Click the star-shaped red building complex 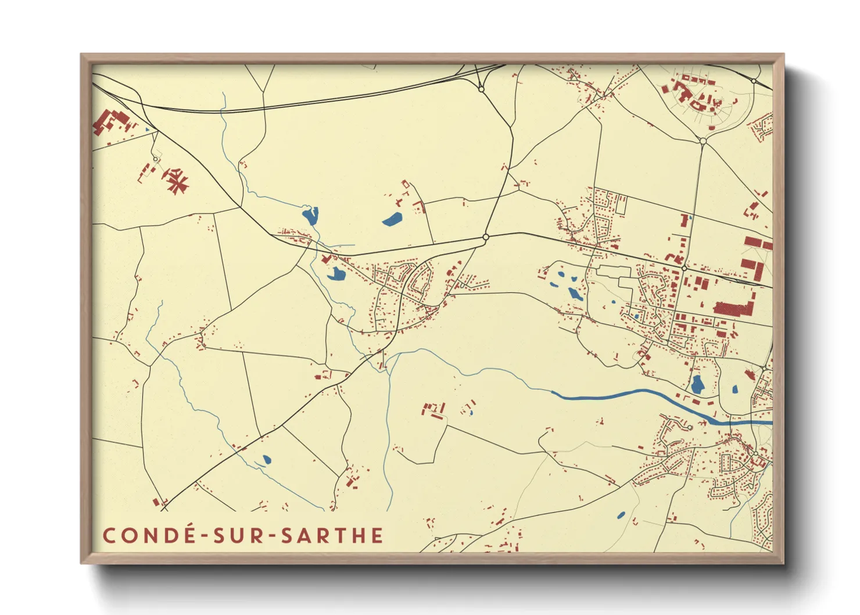176,180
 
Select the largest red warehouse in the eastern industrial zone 733,308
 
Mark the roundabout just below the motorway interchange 481,89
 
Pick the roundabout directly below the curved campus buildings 703,141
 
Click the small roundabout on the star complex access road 155,159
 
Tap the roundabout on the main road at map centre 486,237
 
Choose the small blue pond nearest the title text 267,460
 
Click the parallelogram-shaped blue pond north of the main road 392,219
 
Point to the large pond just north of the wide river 697,384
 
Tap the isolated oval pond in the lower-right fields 621,515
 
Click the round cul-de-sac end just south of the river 690,427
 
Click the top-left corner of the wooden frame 82,55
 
